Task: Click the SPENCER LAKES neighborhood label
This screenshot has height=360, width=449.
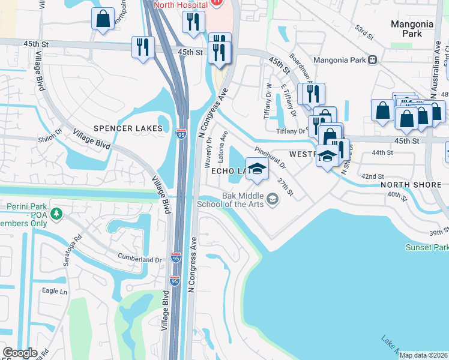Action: tap(127, 128)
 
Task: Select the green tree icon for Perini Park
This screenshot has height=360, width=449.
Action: tap(56, 213)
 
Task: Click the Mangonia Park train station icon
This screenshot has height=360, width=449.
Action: tap(373, 59)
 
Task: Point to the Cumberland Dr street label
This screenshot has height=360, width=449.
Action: tap(140, 260)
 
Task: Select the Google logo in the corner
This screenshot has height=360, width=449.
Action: tap(20, 353)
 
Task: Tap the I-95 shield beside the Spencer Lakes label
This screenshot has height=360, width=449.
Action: tap(181, 136)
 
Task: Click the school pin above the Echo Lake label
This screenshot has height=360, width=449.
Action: tap(257, 169)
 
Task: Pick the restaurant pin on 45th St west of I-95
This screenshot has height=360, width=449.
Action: tap(143, 47)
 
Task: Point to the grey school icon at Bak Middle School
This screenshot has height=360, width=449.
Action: tap(273, 199)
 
